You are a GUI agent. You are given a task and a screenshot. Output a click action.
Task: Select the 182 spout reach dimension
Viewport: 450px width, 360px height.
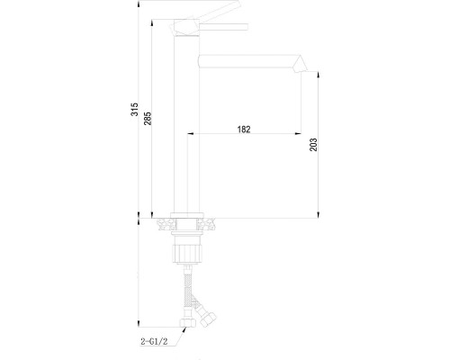click(244, 130)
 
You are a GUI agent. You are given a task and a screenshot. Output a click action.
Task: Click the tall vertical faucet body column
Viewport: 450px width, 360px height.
click(184, 126)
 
